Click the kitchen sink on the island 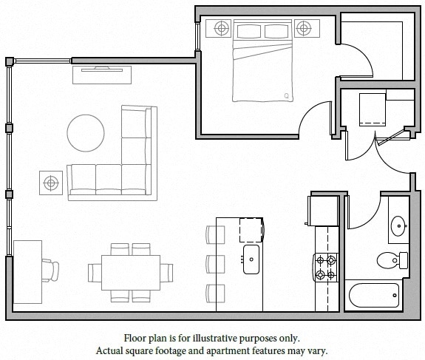251,258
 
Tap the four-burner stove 326,268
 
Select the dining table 131,273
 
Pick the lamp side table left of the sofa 50,181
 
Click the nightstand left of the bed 221,29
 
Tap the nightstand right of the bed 303,29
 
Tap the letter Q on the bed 287,95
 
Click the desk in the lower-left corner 27,271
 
